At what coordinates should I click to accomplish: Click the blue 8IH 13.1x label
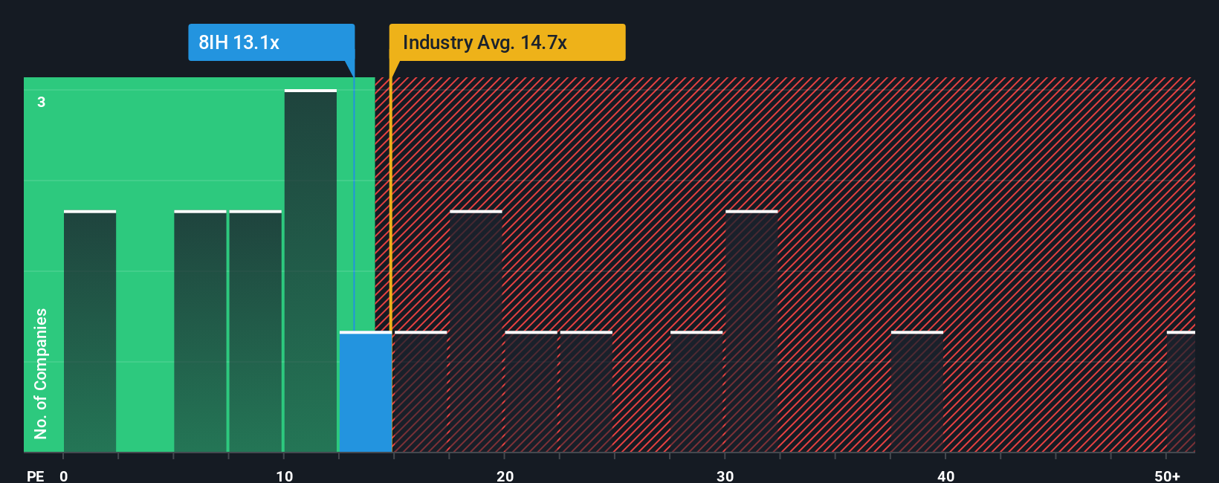point(271,42)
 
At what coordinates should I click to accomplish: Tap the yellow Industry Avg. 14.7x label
point(507,42)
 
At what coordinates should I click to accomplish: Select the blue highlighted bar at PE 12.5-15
point(366,392)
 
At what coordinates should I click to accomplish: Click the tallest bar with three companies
point(311,271)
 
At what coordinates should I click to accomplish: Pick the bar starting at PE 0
point(90,332)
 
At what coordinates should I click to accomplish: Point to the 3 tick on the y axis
point(42,102)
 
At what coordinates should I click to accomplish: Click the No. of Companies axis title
point(41,373)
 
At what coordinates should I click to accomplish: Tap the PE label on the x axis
point(36,476)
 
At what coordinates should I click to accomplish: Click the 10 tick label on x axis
point(284,476)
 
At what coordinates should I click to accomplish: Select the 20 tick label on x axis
point(505,476)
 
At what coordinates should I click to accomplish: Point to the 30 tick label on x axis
point(725,476)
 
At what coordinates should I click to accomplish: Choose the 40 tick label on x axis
point(945,476)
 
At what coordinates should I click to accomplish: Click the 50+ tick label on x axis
point(1167,476)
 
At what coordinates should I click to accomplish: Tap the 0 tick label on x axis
point(64,476)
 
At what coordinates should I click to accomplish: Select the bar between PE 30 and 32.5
point(751,332)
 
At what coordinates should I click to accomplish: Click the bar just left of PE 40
point(917,392)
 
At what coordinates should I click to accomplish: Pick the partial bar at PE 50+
point(1180,392)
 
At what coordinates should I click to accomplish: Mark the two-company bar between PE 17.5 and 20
point(476,332)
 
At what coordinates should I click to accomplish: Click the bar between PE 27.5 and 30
point(696,392)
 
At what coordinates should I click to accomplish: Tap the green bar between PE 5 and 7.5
point(200,332)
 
